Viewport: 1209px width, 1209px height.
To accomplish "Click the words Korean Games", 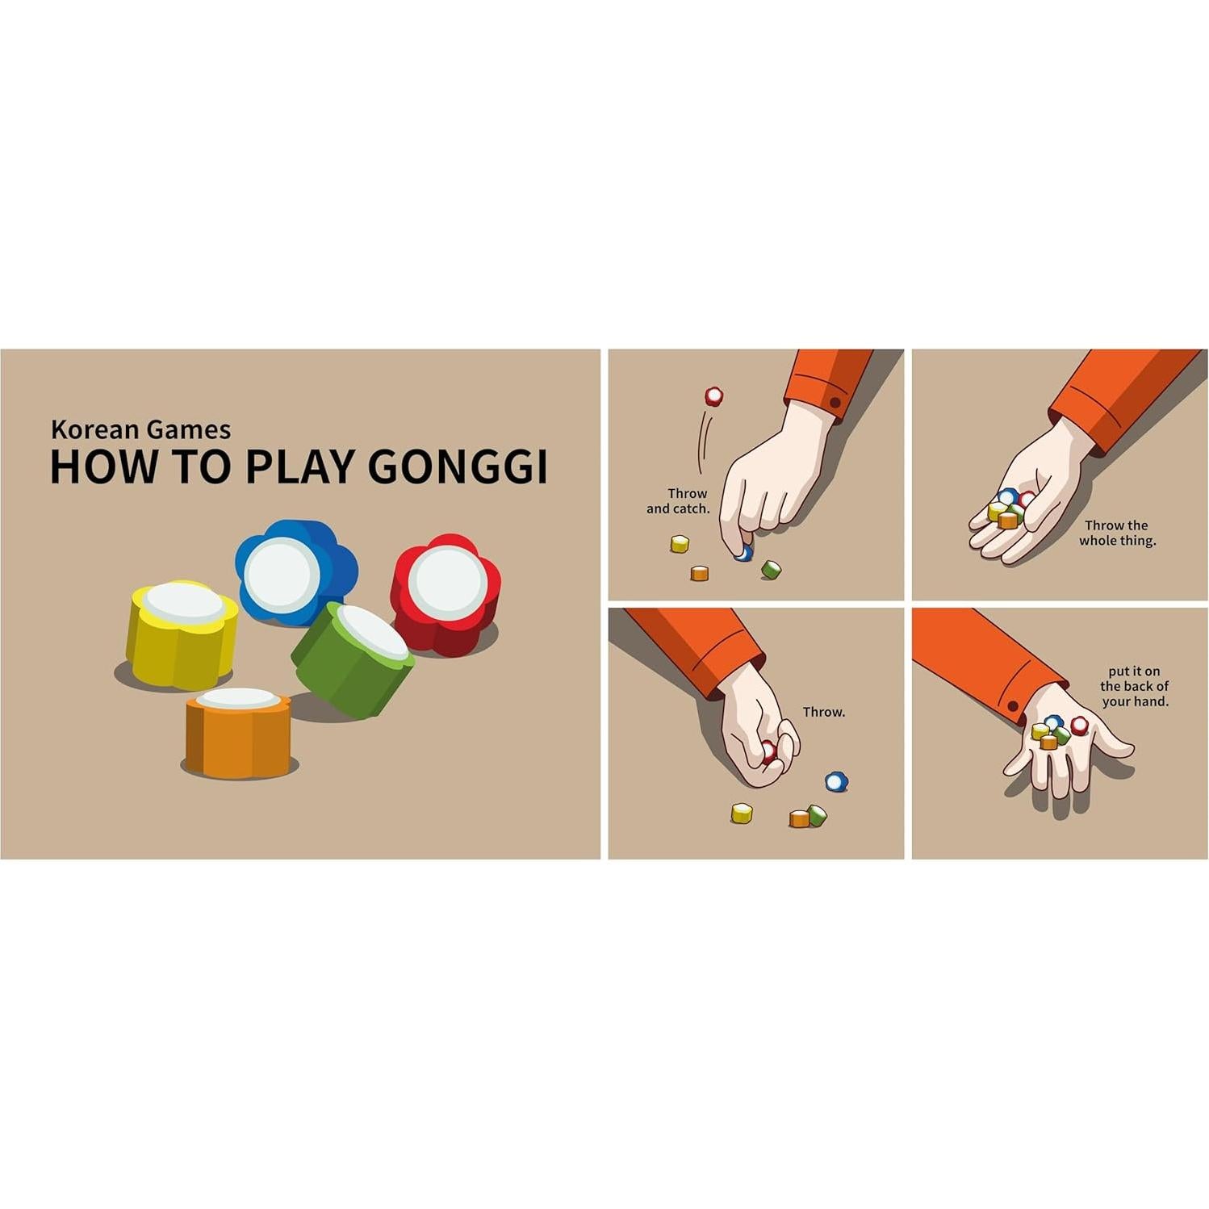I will pyautogui.click(x=140, y=429).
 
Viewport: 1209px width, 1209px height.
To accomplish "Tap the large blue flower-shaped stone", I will pyautogui.click(x=295, y=571).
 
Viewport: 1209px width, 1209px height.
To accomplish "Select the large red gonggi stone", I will pyautogui.click(x=446, y=593).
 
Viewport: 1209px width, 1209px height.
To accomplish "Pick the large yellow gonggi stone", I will pyautogui.click(x=182, y=634).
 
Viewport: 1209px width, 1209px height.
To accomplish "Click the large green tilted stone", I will pyautogui.click(x=354, y=658).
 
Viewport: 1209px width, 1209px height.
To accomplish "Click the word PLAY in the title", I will pyautogui.click(x=299, y=466).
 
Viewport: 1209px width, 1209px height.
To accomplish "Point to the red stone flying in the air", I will pyautogui.click(x=713, y=396).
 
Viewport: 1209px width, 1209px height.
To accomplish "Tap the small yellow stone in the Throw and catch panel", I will pyautogui.click(x=680, y=544).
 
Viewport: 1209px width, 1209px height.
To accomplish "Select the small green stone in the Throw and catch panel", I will pyautogui.click(x=771, y=569).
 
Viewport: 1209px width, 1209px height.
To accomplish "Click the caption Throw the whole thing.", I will pyautogui.click(x=1117, y=533).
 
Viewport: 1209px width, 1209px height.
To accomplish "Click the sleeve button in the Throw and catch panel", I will pyautogui.click(x=835, y=402).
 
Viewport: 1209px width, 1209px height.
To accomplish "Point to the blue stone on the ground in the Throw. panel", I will pyautogui.click(x=836, y=781).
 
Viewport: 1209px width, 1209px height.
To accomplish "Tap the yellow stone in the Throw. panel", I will pyautogui.click(x=742, y=813).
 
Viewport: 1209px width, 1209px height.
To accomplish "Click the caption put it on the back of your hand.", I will pyautogui.click(x=1134, y=686).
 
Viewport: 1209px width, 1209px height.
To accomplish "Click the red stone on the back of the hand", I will pyautogui.click(x=1080, y=726).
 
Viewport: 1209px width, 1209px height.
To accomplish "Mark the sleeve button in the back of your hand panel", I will pyautogui.click(x=1013, y=707).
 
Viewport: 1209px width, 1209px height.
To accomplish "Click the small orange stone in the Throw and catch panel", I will pyautogui.click(x=700, y=573).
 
